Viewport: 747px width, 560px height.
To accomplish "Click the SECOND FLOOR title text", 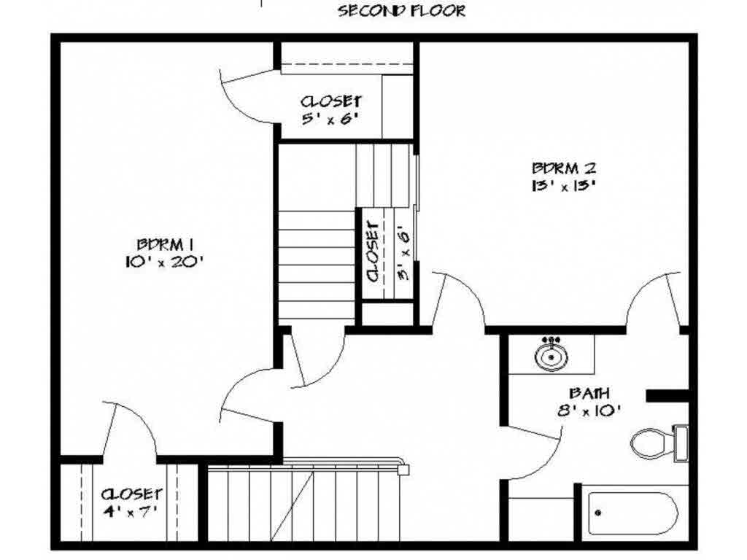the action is (402, 10).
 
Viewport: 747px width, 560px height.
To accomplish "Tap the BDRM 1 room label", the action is (165, 245).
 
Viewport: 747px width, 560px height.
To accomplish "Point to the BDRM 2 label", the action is (564, 168).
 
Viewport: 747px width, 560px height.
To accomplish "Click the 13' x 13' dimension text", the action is (564, 185).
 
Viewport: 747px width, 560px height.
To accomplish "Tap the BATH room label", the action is (589, 393).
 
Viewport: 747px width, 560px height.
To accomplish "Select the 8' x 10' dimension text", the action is (589, 410).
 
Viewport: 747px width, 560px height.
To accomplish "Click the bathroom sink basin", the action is (551, 356).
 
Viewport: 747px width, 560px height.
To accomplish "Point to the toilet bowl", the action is (651, 443).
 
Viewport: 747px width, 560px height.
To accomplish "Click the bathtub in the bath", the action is (633, 513).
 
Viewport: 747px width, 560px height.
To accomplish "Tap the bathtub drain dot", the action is (598, 513).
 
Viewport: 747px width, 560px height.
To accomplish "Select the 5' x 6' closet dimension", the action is (330, 118).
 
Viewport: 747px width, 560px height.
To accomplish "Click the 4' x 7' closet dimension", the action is (130, 511).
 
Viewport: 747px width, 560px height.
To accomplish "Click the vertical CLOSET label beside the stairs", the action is (373, 252).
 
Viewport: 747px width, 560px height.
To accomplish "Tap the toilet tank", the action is (681, 443).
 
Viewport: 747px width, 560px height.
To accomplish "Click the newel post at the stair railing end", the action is (403, 470).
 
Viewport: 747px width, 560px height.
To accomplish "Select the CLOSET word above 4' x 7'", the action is (131, 494).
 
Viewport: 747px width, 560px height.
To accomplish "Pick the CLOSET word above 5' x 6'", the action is (330, 101).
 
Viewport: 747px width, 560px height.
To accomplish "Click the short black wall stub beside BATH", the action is (667, 396).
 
